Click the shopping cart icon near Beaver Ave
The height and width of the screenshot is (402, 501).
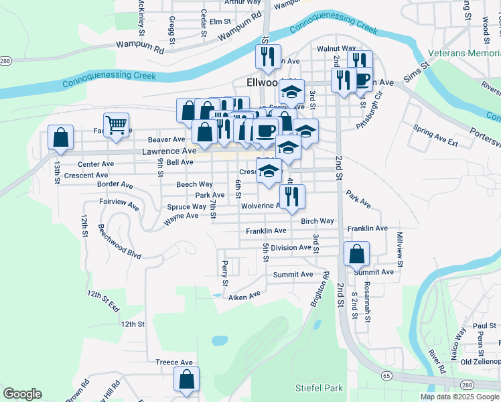point(117,124)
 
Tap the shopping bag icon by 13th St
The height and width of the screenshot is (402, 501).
point(60,137)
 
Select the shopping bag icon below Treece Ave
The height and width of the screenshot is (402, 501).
point(186,379)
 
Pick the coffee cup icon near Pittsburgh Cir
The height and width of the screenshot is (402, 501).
point(362,78)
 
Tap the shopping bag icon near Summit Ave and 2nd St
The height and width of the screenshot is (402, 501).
point(356,254)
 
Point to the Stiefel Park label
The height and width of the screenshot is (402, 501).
point(319,388)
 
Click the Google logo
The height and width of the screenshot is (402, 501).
point(22,394)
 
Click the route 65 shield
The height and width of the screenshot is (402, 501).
point(386,377)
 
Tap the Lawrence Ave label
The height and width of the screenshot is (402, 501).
point(169,151)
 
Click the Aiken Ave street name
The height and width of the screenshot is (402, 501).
point(244,296)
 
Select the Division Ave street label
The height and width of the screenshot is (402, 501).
point(291,247)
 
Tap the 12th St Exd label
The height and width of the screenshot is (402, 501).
point(102,301)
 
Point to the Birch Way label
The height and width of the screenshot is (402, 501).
point(317,221)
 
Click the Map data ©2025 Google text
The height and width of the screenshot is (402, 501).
point(459,397)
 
